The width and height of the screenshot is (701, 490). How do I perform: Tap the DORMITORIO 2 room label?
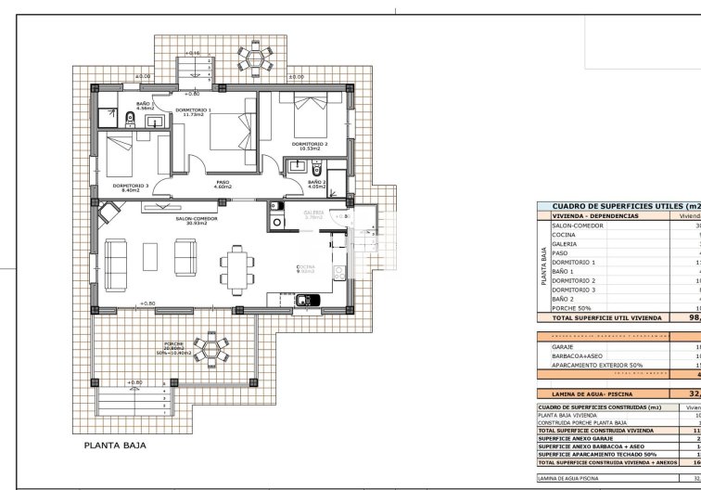tap(310, 145)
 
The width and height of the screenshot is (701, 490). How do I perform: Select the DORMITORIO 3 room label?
tap(131, 186)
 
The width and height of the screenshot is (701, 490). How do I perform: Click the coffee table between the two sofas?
tap(150, 251)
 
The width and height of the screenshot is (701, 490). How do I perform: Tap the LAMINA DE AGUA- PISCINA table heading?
tap(588, 393)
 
